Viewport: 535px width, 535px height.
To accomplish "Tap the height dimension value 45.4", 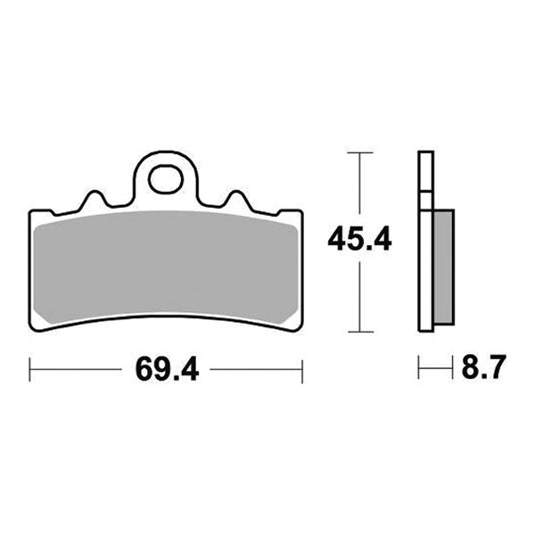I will pos(359,241).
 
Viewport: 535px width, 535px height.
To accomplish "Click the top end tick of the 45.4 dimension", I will pos(359,153).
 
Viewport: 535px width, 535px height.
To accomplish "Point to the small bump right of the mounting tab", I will pos(236,199).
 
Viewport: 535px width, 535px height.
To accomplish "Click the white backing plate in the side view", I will pos(425,241).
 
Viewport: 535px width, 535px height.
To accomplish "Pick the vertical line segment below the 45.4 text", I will pos(359,294).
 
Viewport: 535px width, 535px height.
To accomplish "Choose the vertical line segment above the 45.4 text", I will pos(359,187).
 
